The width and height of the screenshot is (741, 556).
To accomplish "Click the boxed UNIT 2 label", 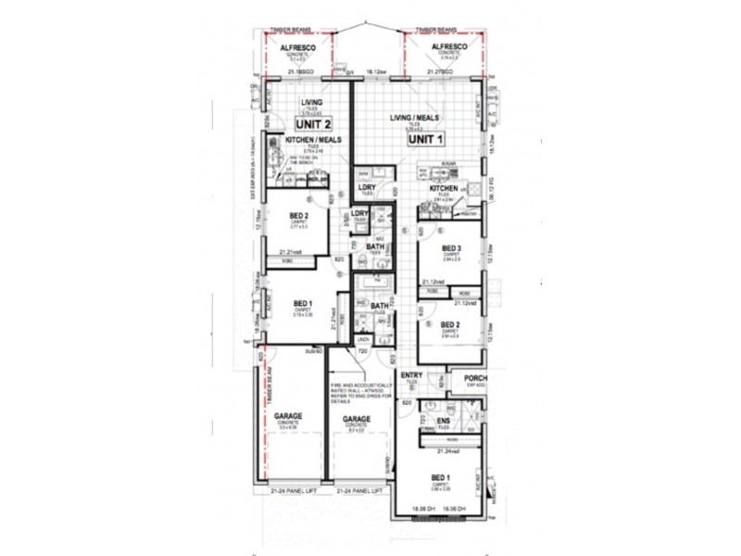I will tap(314, 122).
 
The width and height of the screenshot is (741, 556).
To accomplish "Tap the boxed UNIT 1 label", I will tap(427, 138).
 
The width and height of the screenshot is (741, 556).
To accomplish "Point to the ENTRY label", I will tap(411, 374).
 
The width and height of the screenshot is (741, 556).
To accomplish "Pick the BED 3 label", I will tap(451, 248).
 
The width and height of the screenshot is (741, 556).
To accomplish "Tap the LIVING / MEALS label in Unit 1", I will tap(413, 119).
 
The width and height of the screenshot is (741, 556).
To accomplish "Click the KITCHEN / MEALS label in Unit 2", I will tap(314, 139).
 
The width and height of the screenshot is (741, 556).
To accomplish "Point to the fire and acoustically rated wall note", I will tap(359, 393).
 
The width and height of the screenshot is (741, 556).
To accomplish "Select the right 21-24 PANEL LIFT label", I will tap(359, 490).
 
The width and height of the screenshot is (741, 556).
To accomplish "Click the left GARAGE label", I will tap(287, 418).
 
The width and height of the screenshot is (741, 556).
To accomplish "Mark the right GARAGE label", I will tap(357, 418).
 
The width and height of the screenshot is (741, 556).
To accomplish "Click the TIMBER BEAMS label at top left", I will tap(285, 30).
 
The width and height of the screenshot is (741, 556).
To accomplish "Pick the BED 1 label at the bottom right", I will tap(441, 475).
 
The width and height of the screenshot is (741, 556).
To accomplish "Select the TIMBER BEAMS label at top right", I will tap(434, 30).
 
